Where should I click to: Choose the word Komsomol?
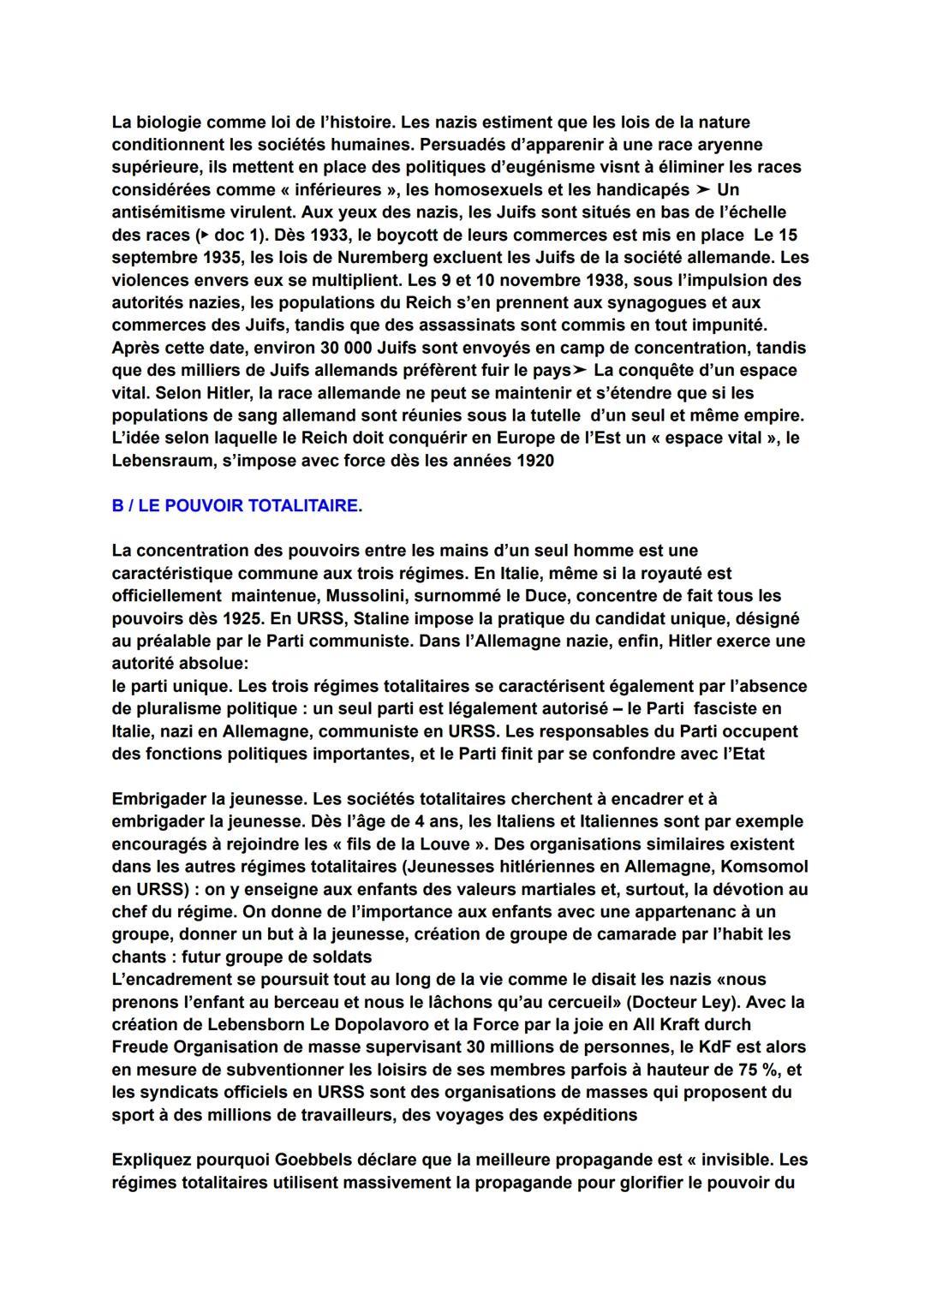click(x=762, y=867)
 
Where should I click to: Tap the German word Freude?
click(x=140, y=1047)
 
